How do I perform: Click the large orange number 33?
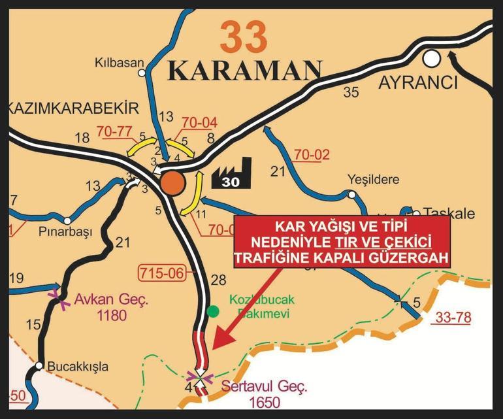click(x=244, y=37)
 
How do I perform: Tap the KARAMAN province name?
click(x=245, y=71)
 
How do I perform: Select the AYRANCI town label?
click(x=418, y=84)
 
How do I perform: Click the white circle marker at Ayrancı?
click(x=431, y=59)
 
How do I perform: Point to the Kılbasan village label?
click(x=119, y=63)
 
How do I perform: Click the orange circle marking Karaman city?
click(x=172, y=182)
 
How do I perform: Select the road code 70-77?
click(x=114, y=131)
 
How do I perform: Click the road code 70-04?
click(x=199, y=123)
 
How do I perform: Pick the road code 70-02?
click(x=312, y=155)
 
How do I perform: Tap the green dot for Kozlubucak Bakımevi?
click(x=212, y=311)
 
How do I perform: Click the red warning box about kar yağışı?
click(x=342, y=242)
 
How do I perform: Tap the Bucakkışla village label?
click(x=78, y=366)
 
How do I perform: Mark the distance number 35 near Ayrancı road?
click(x=351, y=92)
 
